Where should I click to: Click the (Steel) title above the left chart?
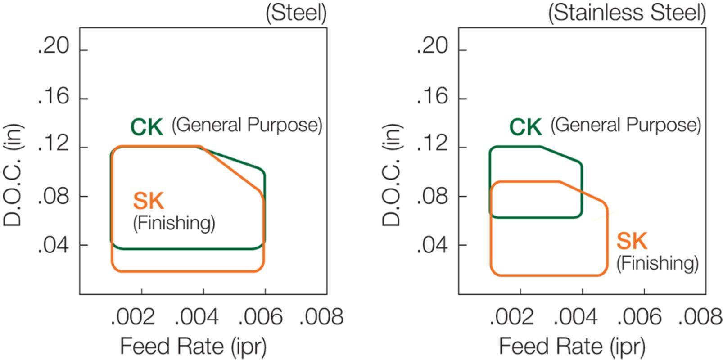pyautogui.click(x=296, y=13)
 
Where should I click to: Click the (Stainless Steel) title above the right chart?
pyautogui.click(x=627, y=13)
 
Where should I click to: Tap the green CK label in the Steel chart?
pyautogui.click(x=146, y=127)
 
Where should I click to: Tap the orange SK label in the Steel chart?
pyautogui.click(x=148, y=201)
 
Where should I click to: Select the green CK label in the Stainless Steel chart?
pyautogui.click(x=525, y=127)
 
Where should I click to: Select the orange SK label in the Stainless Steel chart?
pyautogui.click(x=632, y=241)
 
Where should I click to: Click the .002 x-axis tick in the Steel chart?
pyautogui.click(x=133, y=317)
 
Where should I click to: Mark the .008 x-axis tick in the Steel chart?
pyautogui.click(x=321, y=317)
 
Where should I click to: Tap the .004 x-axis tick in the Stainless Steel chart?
pyautogui.click(x=576, y=317)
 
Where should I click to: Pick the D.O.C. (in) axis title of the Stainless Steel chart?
pyautogui.click(x=392, y=175)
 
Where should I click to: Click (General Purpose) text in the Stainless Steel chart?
pyautogui.click(x=626, y=125)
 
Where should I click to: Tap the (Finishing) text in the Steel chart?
pyautogui.click(x=174, y=223)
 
